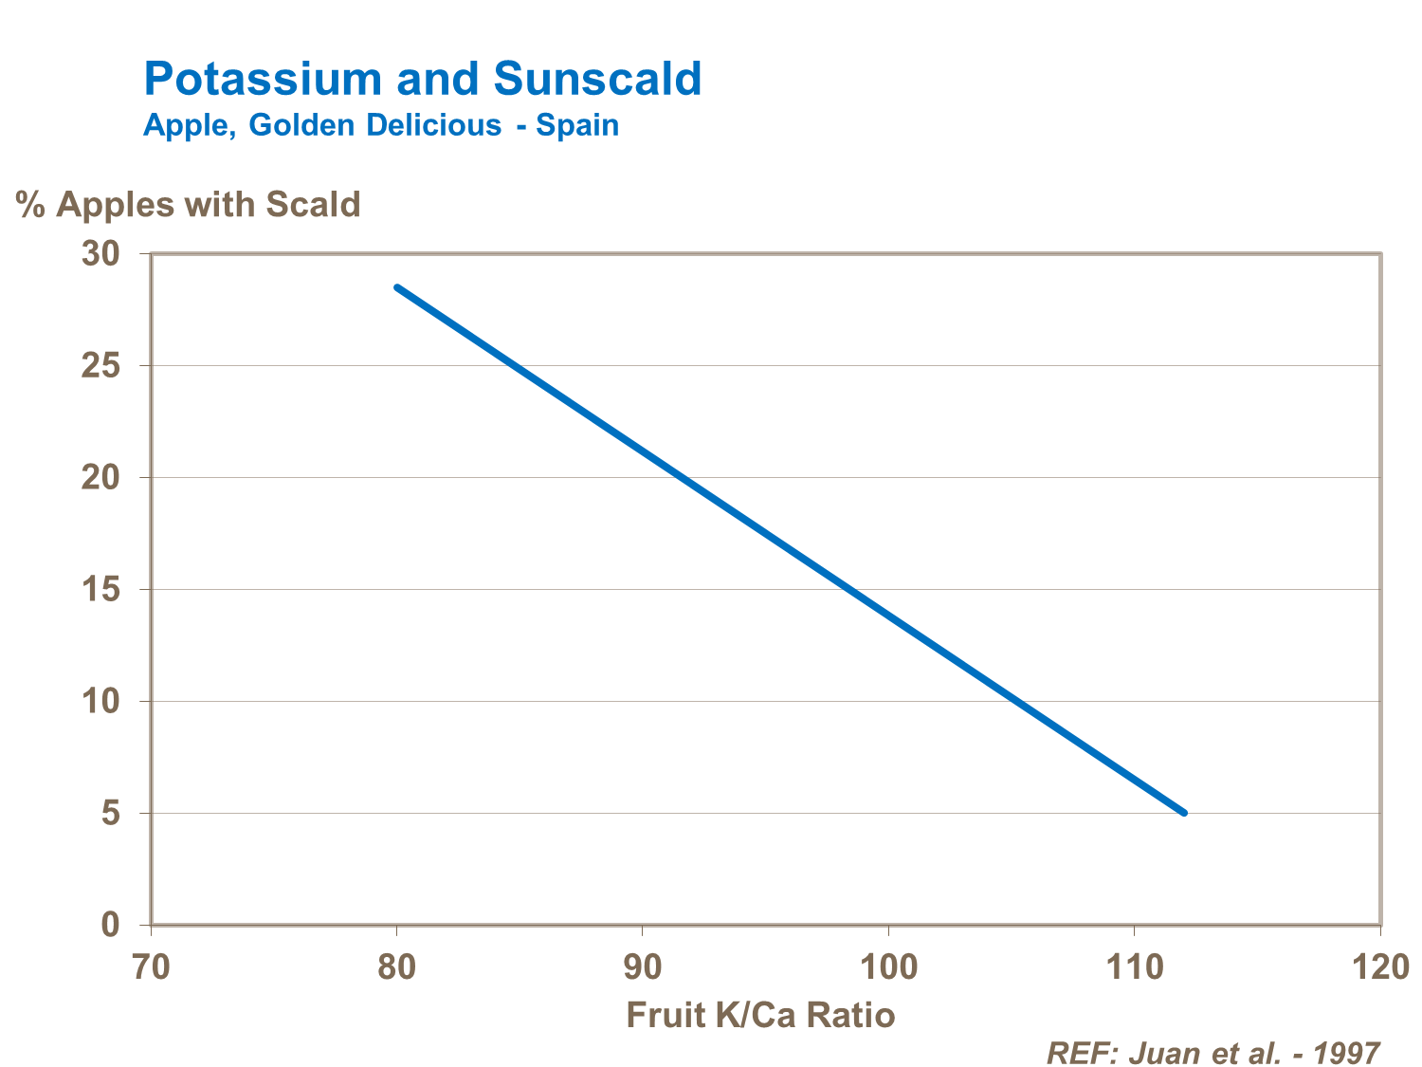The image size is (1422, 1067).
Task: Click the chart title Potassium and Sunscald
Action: pos(422,79)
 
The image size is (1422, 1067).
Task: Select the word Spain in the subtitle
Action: pos(577,125)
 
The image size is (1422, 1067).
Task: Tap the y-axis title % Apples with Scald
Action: pos(189,204)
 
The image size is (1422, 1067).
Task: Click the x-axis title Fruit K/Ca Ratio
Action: pos(760,1015)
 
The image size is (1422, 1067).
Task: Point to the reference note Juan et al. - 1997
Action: pos(1213,1053)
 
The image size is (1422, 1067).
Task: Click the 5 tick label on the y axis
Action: pos(111,813)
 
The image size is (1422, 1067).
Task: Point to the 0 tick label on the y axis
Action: pos(111,925)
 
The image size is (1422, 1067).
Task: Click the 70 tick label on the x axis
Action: pos(151,966)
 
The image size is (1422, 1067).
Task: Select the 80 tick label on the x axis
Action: pos(396,966)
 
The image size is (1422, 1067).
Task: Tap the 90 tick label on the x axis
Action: pos(643,966)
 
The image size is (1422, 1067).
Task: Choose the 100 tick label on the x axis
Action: pos(888,966)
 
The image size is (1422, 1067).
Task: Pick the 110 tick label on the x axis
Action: pos(1134,966)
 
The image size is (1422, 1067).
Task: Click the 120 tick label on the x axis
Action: pos(1379,966)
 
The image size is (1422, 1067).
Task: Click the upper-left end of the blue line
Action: pos(397,286)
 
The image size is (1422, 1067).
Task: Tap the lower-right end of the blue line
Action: pos(1184,813)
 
